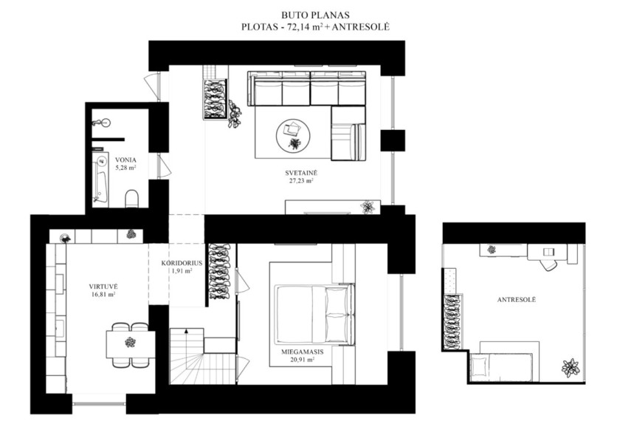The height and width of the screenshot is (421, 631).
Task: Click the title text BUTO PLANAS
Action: click(x=315, y=16)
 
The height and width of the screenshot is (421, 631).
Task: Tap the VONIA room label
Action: click(x=125, y=160)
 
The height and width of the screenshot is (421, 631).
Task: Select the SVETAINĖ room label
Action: click(x=301, y=174)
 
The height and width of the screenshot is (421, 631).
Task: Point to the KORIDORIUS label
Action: click(x=182, y=263)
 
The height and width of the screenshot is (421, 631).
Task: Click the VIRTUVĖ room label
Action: click(x=103, y=287)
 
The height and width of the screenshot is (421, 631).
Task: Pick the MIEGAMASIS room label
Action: click(x=303, y=352)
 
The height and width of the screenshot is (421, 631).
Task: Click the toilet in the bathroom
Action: click(x=131, y=199)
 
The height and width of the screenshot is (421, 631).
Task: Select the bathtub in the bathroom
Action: click(x=100, y=177)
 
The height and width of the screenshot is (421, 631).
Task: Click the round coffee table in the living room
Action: click(x=293, y=135)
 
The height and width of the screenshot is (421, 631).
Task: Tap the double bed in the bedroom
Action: click(x=314, y=314)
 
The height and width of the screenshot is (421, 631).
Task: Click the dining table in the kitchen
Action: click(x=131, y=344)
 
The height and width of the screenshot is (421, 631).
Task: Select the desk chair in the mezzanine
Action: click(x=548, y=264)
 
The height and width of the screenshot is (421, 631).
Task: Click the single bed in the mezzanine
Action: click(x=501, y=368)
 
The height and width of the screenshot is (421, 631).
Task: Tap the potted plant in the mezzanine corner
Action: click(x=570, y=367)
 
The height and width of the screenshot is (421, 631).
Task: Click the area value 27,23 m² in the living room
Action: click(x=301, y=181)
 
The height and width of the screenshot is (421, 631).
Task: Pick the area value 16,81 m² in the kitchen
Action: click(x=103, y=295)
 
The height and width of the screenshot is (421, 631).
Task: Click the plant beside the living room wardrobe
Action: click(x=234, y=114)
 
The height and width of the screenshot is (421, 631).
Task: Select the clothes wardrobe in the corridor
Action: click(x=219, y=272)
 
